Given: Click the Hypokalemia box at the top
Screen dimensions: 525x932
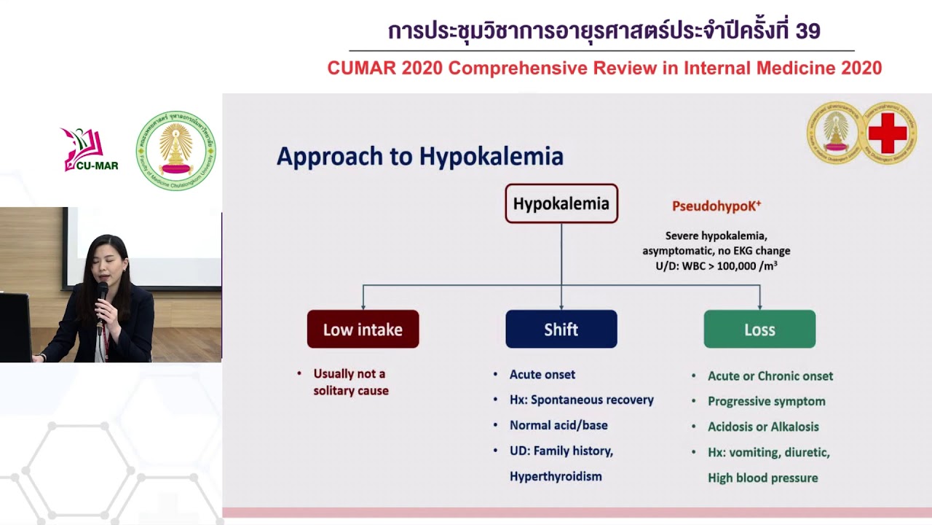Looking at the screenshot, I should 561,203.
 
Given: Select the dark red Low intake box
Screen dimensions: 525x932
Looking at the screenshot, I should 363,330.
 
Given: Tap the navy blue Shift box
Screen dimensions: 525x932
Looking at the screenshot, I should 561,330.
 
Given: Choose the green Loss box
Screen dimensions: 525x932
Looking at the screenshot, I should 759,330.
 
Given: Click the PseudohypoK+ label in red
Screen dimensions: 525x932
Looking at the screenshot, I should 716,206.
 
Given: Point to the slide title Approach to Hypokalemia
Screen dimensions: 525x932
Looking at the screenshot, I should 419,157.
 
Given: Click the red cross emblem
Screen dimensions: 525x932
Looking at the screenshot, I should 888,133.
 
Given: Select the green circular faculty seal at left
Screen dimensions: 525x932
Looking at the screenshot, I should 176,151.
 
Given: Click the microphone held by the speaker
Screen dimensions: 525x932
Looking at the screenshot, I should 102,295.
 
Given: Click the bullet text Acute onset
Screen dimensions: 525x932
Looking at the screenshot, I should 542,374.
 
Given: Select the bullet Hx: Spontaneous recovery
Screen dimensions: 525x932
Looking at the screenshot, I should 581,400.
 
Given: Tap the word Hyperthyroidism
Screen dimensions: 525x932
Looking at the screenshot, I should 556,476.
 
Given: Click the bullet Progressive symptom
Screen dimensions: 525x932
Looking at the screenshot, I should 766,401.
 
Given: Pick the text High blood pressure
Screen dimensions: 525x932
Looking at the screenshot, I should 762,478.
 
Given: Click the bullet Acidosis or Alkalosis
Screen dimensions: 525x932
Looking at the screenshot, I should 763,427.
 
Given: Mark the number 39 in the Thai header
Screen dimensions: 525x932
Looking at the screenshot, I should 808,31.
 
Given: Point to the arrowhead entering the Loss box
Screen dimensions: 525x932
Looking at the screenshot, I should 759,306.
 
